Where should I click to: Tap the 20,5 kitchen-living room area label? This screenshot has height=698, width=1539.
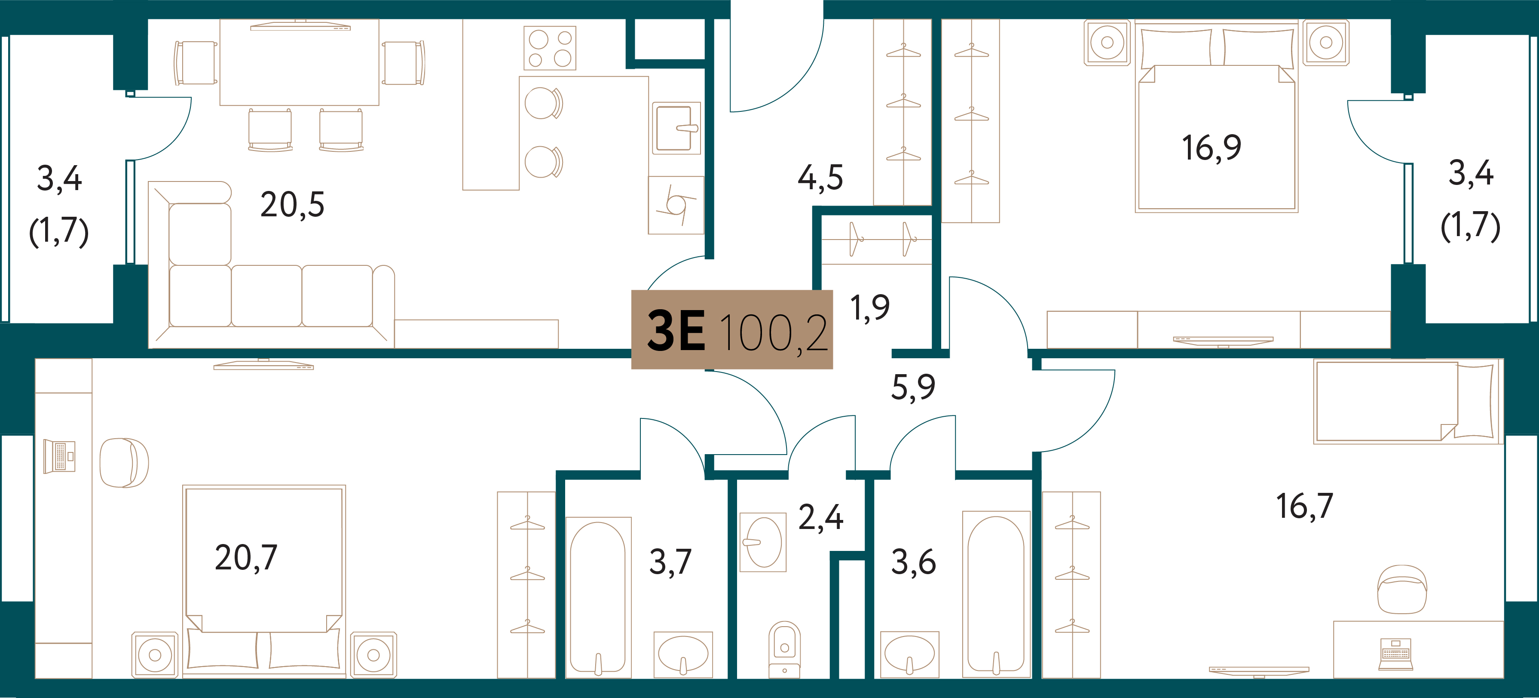coord(292,205)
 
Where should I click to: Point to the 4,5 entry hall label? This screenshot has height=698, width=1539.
coord(820,178)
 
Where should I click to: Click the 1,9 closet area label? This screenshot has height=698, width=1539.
coord(870,308)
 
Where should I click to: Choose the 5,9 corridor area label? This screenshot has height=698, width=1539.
coord(913,387)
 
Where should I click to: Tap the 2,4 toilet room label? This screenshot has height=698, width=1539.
coord(821,517)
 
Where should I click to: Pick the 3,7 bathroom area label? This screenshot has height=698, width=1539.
coord(670,562)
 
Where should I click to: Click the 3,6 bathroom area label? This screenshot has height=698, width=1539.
coord(914,562)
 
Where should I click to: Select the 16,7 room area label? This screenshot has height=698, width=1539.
coord(1304,506)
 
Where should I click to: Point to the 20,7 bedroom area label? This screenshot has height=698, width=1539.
coord(246,558)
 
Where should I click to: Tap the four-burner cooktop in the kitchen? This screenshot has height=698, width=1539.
coord(550,48)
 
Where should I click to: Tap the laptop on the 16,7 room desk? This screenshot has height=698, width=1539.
coord(1395,654)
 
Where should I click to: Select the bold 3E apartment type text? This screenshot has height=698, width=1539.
coord(676,332)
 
